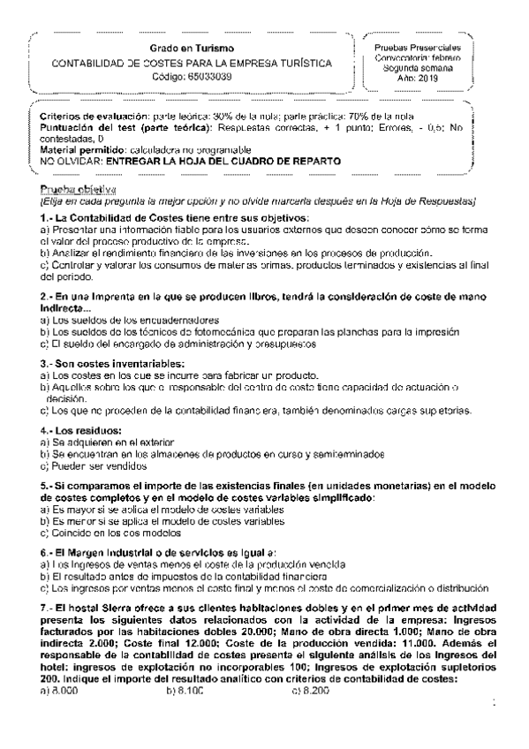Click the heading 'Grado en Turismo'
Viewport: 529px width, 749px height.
(192, 48)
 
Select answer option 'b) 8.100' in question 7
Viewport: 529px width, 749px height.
(185, 689)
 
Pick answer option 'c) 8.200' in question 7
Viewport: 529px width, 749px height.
(310, 689)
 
